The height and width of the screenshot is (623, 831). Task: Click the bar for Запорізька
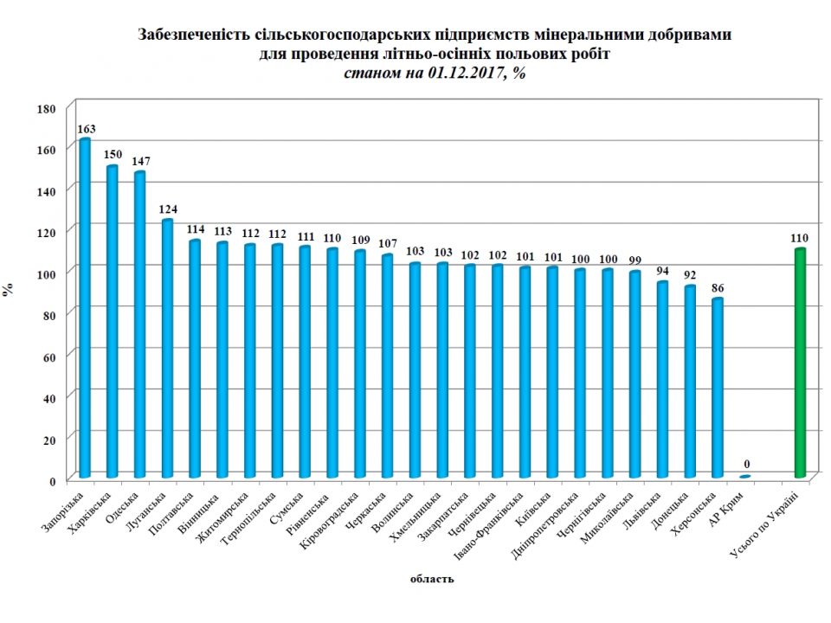tap(85, 308)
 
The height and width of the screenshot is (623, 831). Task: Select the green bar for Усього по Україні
tap(800, 363)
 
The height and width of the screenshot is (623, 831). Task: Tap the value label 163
tap(86, 129)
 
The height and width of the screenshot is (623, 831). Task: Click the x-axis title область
tap(431, 579)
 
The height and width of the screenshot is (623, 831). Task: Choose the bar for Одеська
tap(139, 324)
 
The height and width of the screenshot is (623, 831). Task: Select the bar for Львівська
tap(662, 380)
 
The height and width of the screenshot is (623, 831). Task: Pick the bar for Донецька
tap(690, 382)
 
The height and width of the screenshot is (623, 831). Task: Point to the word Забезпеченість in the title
tap(186, 35)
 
